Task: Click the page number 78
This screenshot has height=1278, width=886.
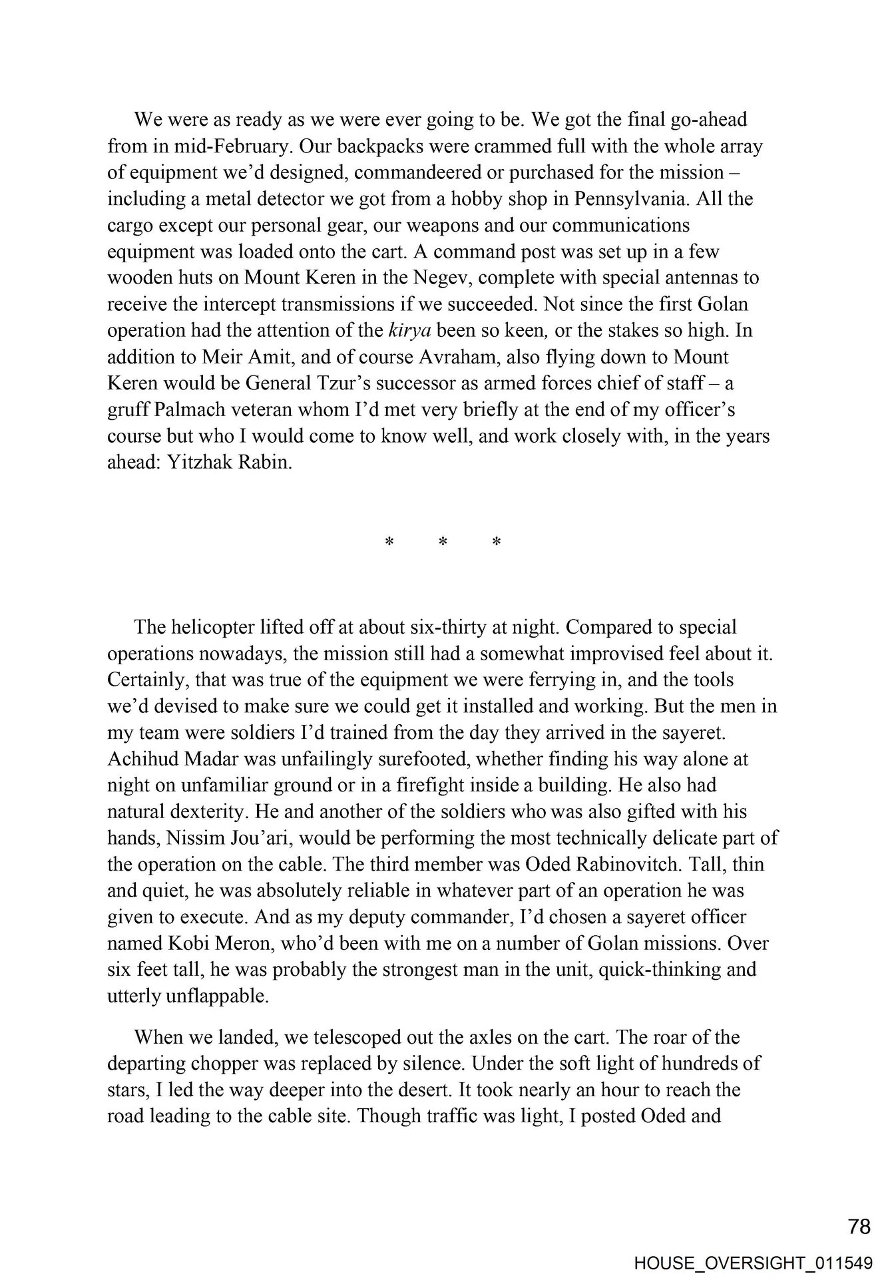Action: (x=859, y=1226)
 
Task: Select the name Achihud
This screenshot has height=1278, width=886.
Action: (x=142, y=759)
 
